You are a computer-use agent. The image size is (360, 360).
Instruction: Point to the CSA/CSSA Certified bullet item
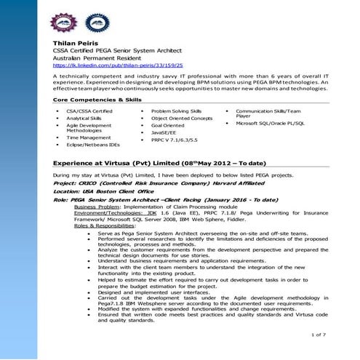click(x=89, y=111)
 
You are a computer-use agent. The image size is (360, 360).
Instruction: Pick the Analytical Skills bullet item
click(x=84, y=118)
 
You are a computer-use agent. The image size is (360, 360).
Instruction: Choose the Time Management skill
click(x=89, y=137)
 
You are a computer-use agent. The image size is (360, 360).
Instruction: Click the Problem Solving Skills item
click(x=177, y=111)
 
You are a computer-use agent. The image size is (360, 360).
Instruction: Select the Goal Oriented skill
click(x=168, y=125)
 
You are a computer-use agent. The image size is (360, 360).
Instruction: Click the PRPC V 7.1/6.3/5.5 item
click(x=174, y=140)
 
